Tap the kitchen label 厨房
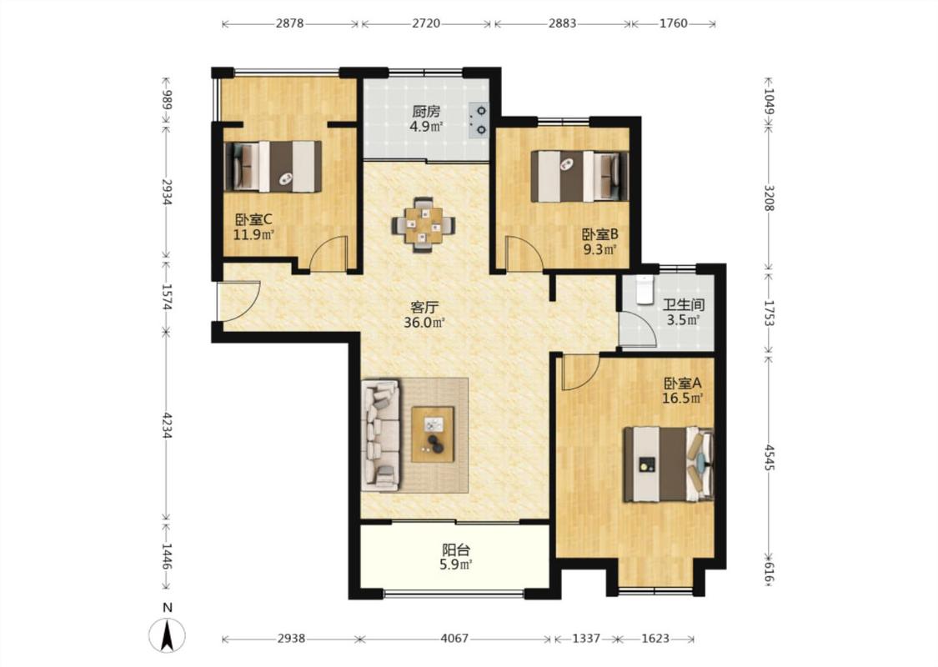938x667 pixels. point(426,112)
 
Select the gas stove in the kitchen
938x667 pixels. point(479,119)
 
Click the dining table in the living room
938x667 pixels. point(424,225)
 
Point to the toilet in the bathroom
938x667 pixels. point(645,291)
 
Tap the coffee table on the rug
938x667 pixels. point(433,434)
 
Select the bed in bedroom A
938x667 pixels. point(668,464)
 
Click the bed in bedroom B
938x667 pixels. point(579,176)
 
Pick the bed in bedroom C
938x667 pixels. point(273,166)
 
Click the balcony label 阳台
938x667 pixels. point(455,549)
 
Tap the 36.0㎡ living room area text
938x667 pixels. point(424,323)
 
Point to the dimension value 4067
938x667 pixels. point(454,639)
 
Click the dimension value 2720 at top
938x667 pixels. point(426,23)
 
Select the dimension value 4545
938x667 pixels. point(770,456)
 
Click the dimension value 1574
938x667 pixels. point(167,298)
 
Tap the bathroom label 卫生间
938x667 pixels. point(684,304)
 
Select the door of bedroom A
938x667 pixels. point(580,372)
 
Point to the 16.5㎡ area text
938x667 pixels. point(682,398)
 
